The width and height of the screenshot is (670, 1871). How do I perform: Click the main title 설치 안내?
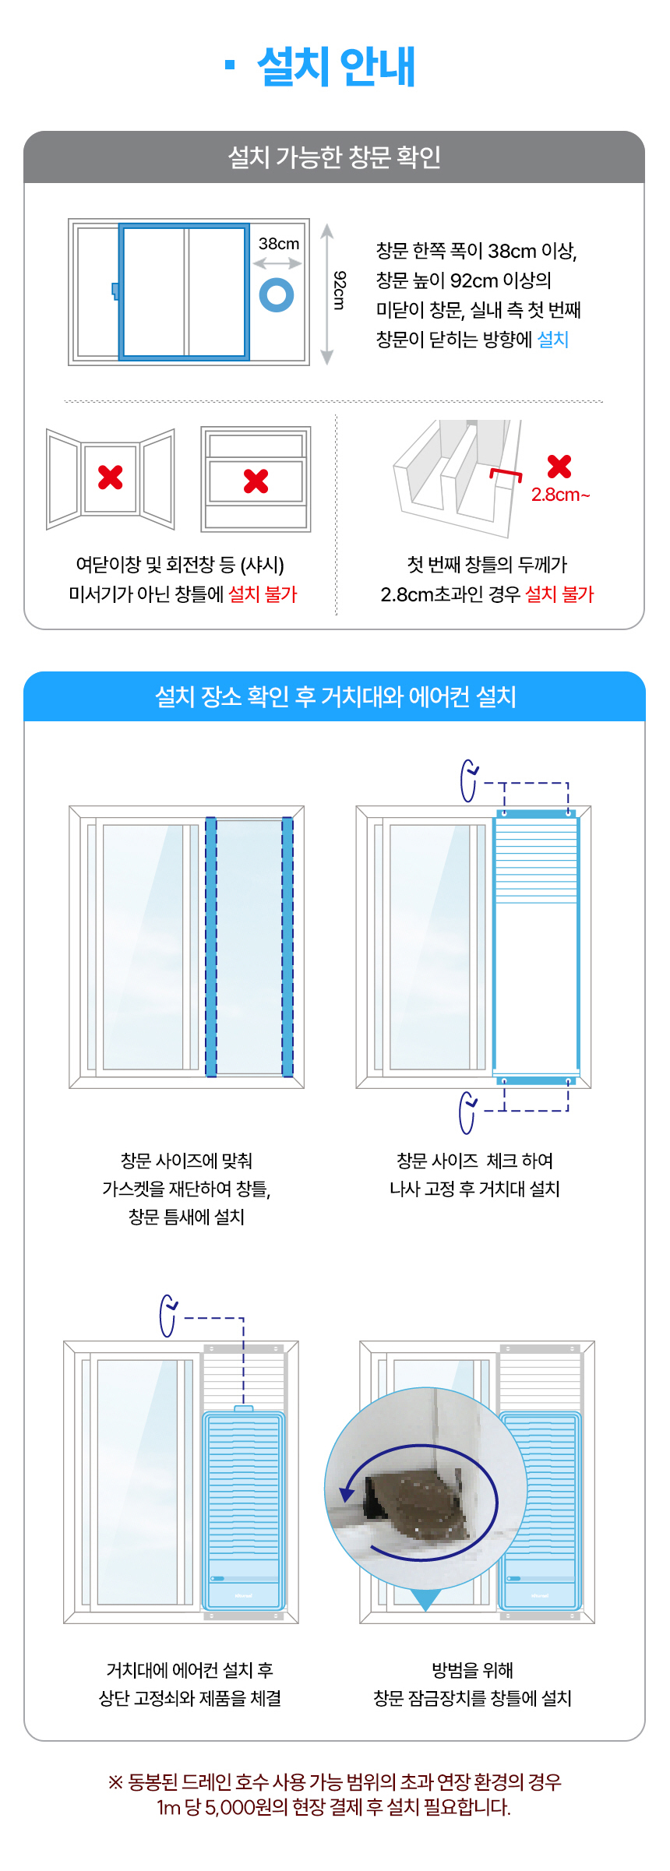(x=337, y=66)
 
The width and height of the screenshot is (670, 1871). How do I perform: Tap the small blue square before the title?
(x=230, y=65)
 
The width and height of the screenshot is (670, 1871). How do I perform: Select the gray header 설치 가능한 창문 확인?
(x=334, y=157)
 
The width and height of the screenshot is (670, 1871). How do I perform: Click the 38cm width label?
(x=279, y=244)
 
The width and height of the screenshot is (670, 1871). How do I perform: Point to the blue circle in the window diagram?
(x=277, y=295)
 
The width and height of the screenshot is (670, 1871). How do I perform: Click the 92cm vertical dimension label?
(x=340, y=290)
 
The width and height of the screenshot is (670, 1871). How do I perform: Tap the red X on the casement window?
(x=111, y=477)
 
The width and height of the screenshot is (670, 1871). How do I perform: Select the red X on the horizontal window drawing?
(x=256, y=481)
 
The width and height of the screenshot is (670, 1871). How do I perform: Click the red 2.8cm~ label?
(x=561, y=495)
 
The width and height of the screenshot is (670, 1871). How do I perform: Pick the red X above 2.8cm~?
(x=559, y=467)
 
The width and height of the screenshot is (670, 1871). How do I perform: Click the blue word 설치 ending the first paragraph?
(x=553, y=340)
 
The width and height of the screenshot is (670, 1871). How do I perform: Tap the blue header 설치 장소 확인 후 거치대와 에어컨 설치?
(x=335, y=696)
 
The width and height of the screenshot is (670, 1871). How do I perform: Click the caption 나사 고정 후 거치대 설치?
(x=474, y=1189)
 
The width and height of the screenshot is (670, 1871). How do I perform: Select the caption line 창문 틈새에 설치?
(x=186, y=1217)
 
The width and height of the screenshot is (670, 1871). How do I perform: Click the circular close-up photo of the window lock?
(x=425, y=1489)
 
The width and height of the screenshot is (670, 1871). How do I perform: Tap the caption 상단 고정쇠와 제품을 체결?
(x=189, y=1698)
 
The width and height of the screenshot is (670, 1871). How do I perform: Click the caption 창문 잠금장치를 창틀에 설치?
(x=472, y=1698)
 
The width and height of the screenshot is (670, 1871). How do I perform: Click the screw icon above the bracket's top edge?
(x=469, y=780)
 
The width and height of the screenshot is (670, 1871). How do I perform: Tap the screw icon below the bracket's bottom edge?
(x=467, y=1112)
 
